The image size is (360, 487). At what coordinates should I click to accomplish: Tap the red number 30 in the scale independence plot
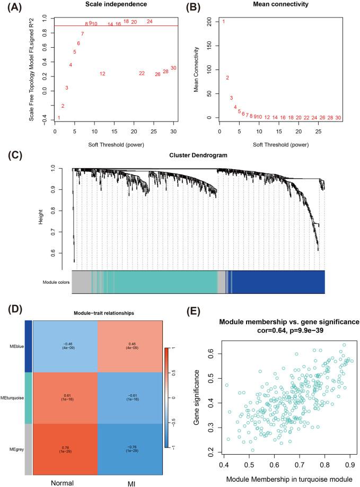(x=173, y=68)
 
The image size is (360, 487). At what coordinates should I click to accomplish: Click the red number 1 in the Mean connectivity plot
(x=224, y=22)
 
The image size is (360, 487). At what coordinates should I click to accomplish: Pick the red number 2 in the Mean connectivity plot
(x=227, y=78)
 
